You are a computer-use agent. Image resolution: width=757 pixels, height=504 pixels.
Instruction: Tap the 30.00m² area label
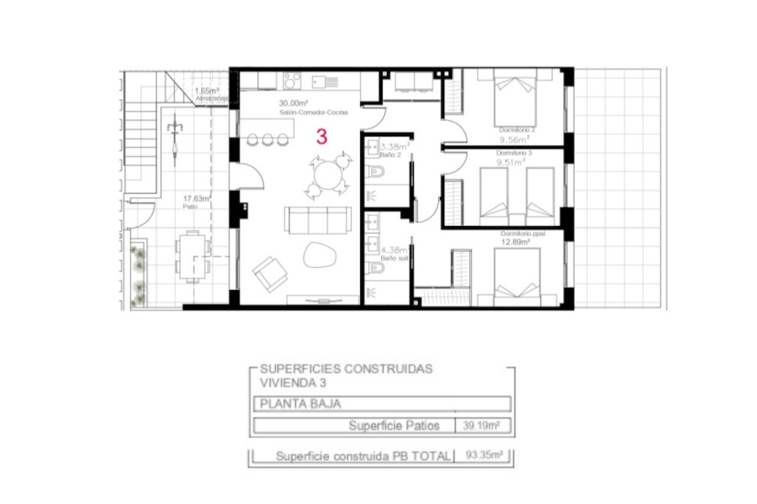[x=294, y=105]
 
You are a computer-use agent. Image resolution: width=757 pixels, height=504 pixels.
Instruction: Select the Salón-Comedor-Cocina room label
[x=314, y=113]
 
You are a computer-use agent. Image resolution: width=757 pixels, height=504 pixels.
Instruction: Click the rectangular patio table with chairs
[x=193, y=255]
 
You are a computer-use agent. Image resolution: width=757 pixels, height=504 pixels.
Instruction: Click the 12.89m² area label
[x=515, y=242]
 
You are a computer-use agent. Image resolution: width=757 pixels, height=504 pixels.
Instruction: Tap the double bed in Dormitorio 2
[x=511, y=99]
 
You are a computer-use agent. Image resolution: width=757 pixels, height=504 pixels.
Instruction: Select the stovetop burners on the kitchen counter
[x=292, y=81]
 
